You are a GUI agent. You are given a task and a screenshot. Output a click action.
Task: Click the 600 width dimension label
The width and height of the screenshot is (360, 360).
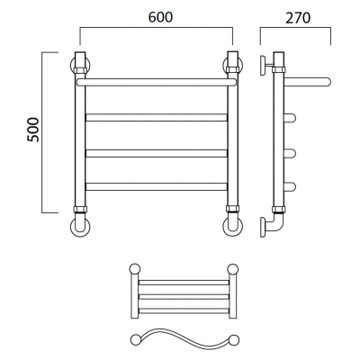coord(161,17)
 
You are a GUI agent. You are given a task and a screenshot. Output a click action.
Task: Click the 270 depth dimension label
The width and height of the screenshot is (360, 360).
coord(298,18)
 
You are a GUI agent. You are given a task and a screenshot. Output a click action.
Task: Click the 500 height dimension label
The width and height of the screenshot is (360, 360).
coord(33,130)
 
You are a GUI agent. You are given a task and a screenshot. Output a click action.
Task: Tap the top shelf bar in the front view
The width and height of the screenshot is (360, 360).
coord(157,82)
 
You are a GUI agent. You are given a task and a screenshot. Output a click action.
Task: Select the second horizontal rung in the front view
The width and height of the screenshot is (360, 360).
coord(157,117)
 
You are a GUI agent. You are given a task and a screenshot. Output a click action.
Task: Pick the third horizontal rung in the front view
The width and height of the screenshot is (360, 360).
coord(157,153)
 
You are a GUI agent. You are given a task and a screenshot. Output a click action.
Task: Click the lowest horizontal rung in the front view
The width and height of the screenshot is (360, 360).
coord(157,186)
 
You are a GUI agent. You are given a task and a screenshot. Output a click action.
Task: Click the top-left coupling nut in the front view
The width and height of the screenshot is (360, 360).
coord(80,70)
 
